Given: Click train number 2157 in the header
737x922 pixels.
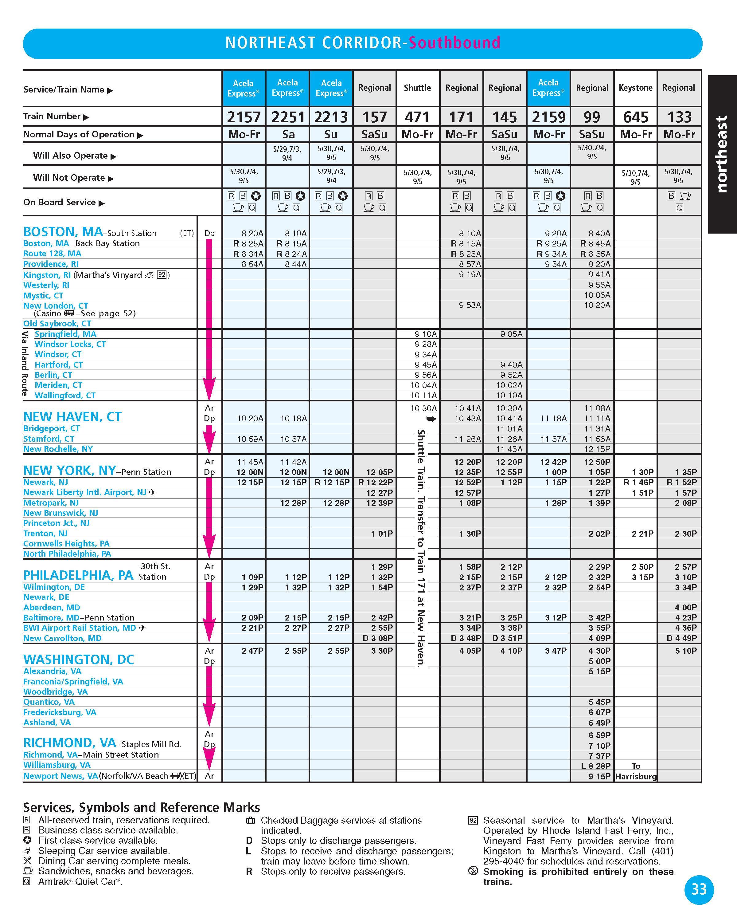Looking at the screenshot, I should [x=244, y=117].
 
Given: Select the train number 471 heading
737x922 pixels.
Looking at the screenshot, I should [x=417, y=117].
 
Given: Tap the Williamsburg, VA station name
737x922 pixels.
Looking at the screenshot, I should [x=57, y=765].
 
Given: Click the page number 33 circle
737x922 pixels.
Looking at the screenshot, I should [x=699, y=889].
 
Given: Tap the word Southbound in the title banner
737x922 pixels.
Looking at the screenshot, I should [x=454, y=43].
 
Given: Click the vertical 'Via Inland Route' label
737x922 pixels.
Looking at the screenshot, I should [x=25, y=364].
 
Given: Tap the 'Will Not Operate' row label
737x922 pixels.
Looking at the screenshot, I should [x=68, y=178].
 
